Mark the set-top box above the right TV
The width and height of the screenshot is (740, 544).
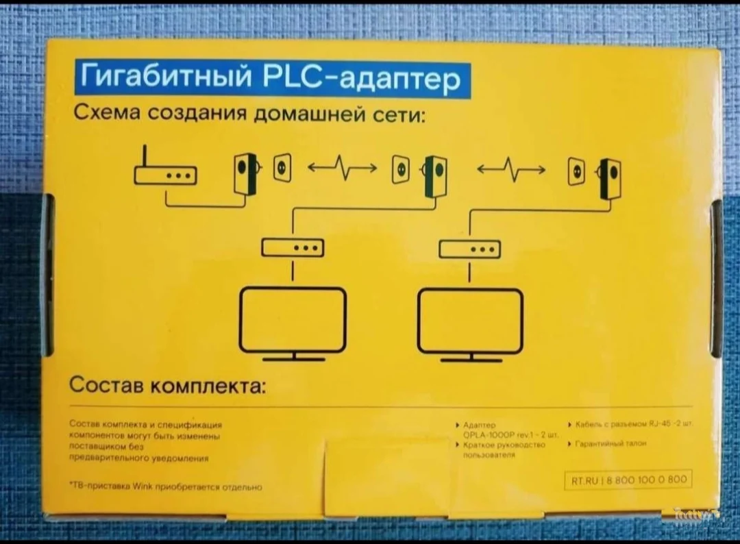469,247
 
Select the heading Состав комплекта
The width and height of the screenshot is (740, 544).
167,387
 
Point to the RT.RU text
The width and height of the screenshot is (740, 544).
584,480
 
